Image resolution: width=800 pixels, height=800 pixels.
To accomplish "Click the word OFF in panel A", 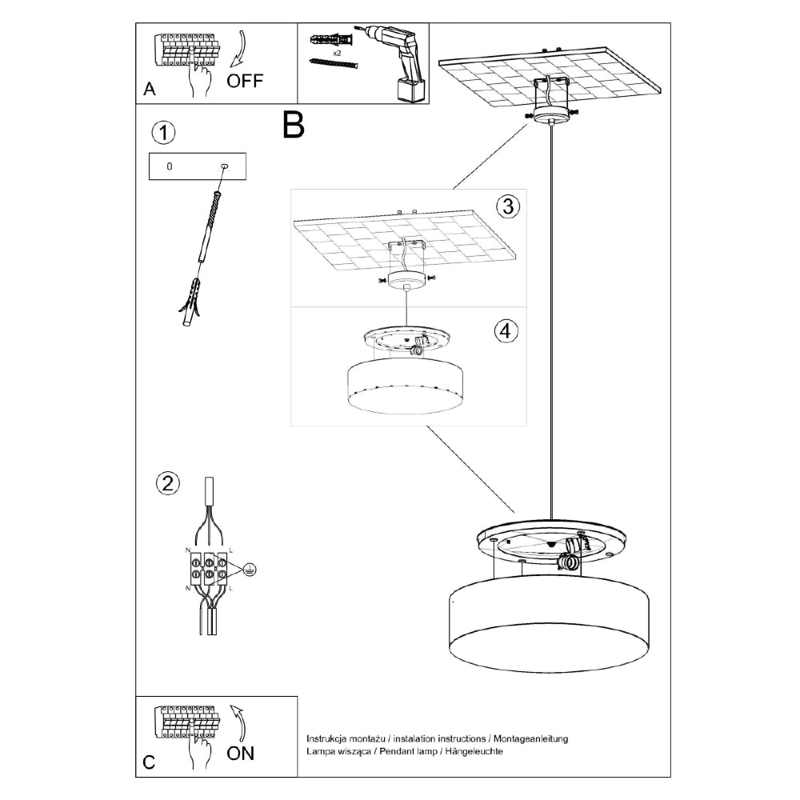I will coord(245,82).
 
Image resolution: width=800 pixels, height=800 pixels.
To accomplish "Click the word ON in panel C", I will coord(242,754).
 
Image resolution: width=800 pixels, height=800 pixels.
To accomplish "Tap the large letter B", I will coord(294,125).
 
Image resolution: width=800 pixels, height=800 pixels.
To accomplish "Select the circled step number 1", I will coord(163,133).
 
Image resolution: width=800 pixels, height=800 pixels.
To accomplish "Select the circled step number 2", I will coord(166,482).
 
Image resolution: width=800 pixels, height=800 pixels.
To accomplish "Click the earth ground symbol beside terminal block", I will coord(249,570).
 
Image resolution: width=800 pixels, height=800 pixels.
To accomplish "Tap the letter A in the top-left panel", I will coord(149,90).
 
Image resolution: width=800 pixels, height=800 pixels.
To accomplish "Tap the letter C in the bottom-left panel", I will coord(149,762).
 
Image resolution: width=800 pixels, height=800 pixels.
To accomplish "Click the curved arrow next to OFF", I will coord(238,49).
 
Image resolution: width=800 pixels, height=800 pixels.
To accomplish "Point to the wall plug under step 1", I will coord(190,306).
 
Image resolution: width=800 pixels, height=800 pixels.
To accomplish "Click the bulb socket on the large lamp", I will coord(571,553).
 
